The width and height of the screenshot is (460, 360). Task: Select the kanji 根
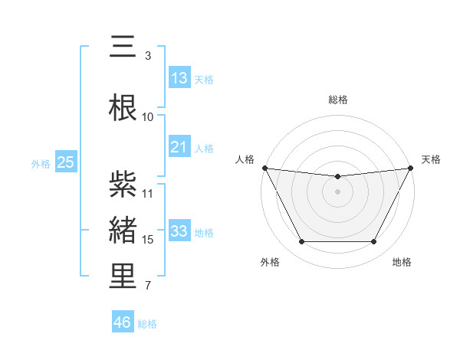pos(123,107)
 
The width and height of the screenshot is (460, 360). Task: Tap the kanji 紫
pos(123,183)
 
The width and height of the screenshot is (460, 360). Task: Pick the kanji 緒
pos(123,231)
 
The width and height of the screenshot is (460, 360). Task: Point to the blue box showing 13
pos(179,77)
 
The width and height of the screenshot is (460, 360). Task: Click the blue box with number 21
pos(179,147)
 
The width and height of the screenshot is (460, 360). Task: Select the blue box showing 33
pos(179,231)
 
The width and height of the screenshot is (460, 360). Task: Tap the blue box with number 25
pos(65,162)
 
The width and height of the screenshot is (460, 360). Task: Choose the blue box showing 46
pos(123,322)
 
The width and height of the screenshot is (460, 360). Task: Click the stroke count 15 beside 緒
pos(148,240)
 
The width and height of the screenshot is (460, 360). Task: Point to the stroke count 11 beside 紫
pos(148,193)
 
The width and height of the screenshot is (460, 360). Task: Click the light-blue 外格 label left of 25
pos(41,163)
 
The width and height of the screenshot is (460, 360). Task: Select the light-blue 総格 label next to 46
pos(147,324)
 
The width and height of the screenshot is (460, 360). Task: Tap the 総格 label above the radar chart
pos(337,100)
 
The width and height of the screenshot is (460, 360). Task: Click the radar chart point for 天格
pos(412,168)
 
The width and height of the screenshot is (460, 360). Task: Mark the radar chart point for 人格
pos(264,168)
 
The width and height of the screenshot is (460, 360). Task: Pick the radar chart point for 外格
pos(301,242)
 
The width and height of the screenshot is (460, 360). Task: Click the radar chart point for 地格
pos(373,242)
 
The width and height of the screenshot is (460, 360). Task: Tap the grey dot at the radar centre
pos(337,191)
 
